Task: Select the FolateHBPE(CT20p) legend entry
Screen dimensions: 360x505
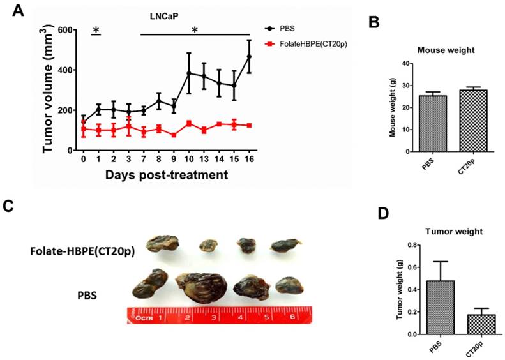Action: pyautogui.click(x=312, y=43)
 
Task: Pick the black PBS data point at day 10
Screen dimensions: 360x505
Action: pyautogui.click(x=189, y=73)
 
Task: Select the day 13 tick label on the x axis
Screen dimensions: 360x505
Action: pyautogui.click(x=204, y=160)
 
